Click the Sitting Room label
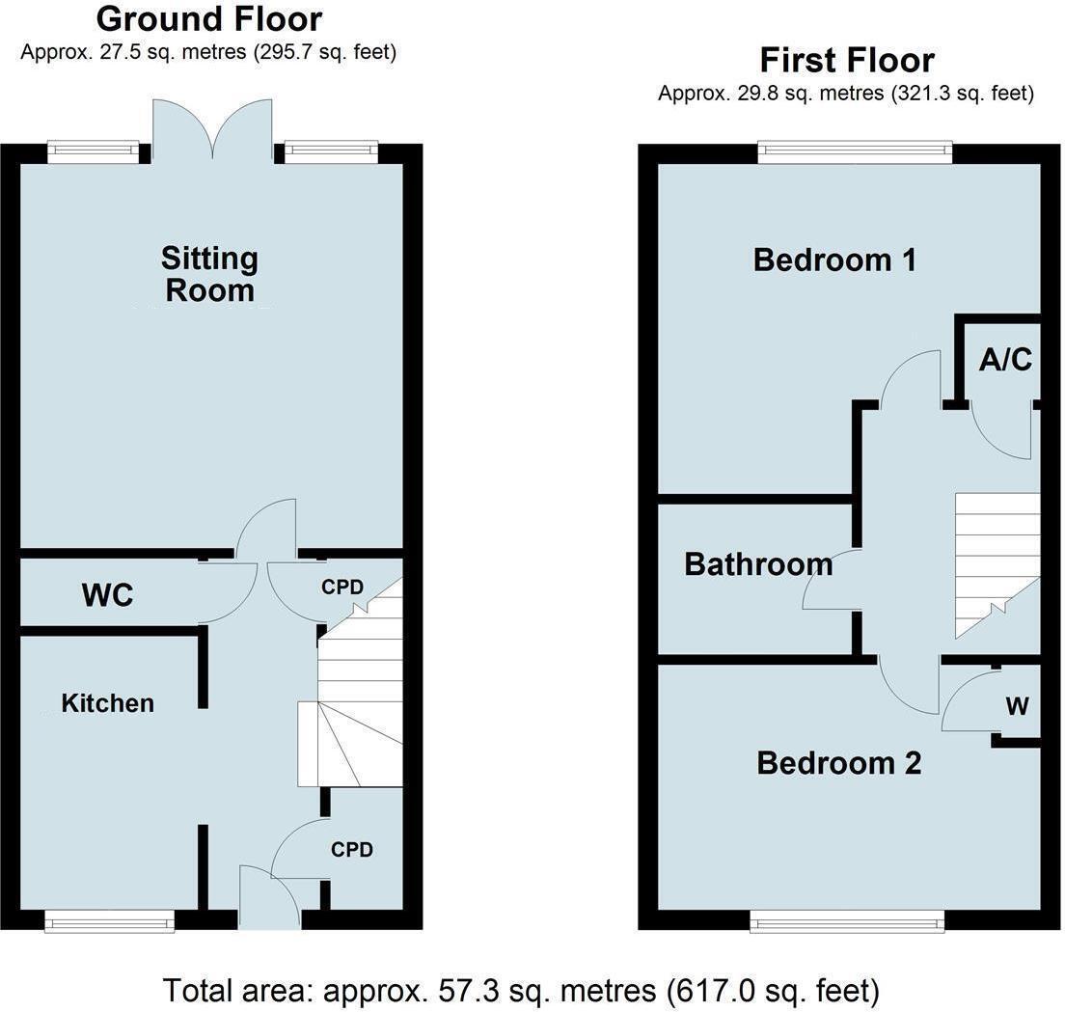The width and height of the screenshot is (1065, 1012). click(x=209, y=274)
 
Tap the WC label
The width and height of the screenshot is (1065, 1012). click(x=107, y=595)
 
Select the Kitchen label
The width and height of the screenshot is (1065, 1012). click(x=107, y=703)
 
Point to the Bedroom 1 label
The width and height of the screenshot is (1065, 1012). click(x=834, y=260)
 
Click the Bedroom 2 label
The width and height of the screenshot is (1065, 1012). click(x=838, y=763)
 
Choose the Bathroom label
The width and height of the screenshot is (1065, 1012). click(x=757, y=564)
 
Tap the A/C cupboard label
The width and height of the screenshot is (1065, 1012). click(x=1005, y=360)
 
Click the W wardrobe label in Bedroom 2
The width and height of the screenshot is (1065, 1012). click(x=1017, y=706)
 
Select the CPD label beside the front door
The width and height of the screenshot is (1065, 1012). click(x=351, y=850)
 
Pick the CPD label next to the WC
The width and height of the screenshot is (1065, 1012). click(x=341, y=586)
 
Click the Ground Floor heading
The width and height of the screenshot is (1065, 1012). click(x=208, y=18)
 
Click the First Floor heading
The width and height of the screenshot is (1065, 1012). click(x=846, y=60)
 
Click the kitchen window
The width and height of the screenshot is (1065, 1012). click(x=110, y=922)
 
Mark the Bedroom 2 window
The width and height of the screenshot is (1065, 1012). click(x=848, y=923)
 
